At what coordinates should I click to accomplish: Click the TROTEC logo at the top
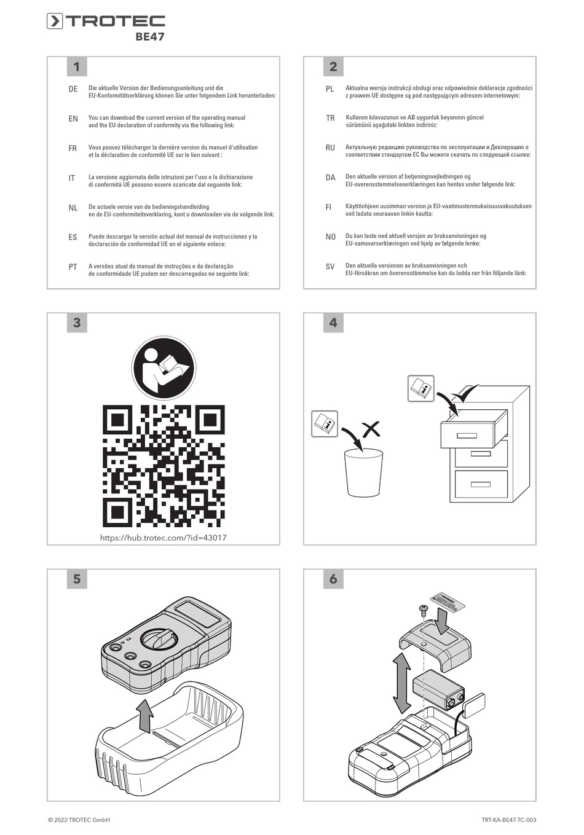[x=106, y=22]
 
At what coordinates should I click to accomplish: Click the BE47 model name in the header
[x=150, y=37]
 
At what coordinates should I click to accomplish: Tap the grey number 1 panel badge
[x=77, y=67]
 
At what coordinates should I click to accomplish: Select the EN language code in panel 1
[x=73, y=119]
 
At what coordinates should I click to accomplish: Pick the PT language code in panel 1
[x=73, y=267]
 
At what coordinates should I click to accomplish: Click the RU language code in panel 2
[x=330, y=148]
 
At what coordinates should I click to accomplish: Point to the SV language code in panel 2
[x=330, y=267]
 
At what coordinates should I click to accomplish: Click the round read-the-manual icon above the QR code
[x=164, y=369]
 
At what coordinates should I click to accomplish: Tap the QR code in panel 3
[x=164, y=466]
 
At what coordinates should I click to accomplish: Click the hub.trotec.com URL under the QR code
[x=164, y=538]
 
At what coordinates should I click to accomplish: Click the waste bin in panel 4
[x=364, y=473]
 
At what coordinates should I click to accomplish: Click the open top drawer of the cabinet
[x=473, y=436]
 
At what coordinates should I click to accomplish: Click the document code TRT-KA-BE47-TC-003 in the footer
[x=508, y=820]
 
